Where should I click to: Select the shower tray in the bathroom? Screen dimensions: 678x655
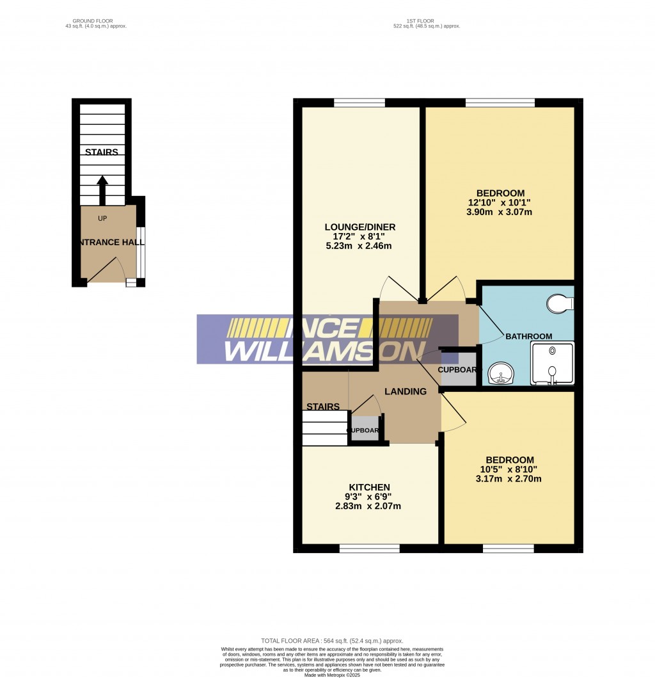(x=552, y=363)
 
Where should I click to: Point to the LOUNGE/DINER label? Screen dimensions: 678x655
(x=360, y=227)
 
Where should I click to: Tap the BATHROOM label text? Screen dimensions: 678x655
(x=528, y=336)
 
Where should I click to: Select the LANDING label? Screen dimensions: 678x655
(x=405, y=392)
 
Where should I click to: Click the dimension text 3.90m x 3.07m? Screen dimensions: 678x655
(x=500, y=212)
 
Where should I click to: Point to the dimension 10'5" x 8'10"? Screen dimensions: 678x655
(x=509, y=469)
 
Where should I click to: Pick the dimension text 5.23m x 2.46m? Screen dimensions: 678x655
(x=360, y=246)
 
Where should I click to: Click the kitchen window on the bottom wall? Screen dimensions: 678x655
(x=370, y=548)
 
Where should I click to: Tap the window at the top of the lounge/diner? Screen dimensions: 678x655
(x=359, y=102)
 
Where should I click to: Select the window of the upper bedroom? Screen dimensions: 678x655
(x=500, y=102)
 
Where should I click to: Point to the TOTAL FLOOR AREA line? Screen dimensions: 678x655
(x=332, y=641)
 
